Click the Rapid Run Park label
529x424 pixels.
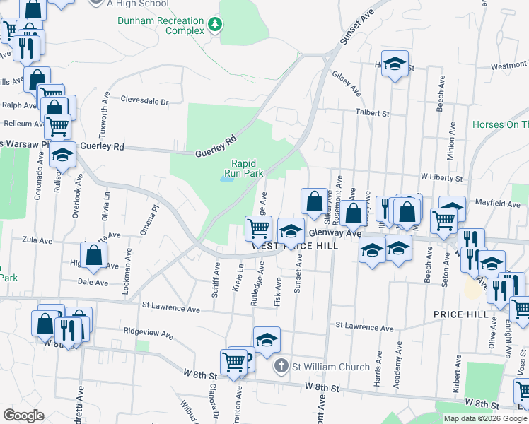pos(243,167)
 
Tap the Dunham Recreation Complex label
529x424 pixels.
pos(160,26)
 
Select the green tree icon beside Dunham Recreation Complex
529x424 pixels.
pos(214,26)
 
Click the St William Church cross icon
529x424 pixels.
pos(281,367)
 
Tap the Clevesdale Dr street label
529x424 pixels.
pos(145,101)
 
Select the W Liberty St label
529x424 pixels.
pos(441,177)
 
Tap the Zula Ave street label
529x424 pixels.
pos(36,240)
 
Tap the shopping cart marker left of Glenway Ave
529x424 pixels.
pos(258,228)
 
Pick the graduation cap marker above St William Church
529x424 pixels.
pos(267,341)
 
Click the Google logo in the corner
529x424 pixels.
pos(23,416)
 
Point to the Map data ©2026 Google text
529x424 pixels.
pos(486,418)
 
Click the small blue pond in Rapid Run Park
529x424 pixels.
pos(226,179)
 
